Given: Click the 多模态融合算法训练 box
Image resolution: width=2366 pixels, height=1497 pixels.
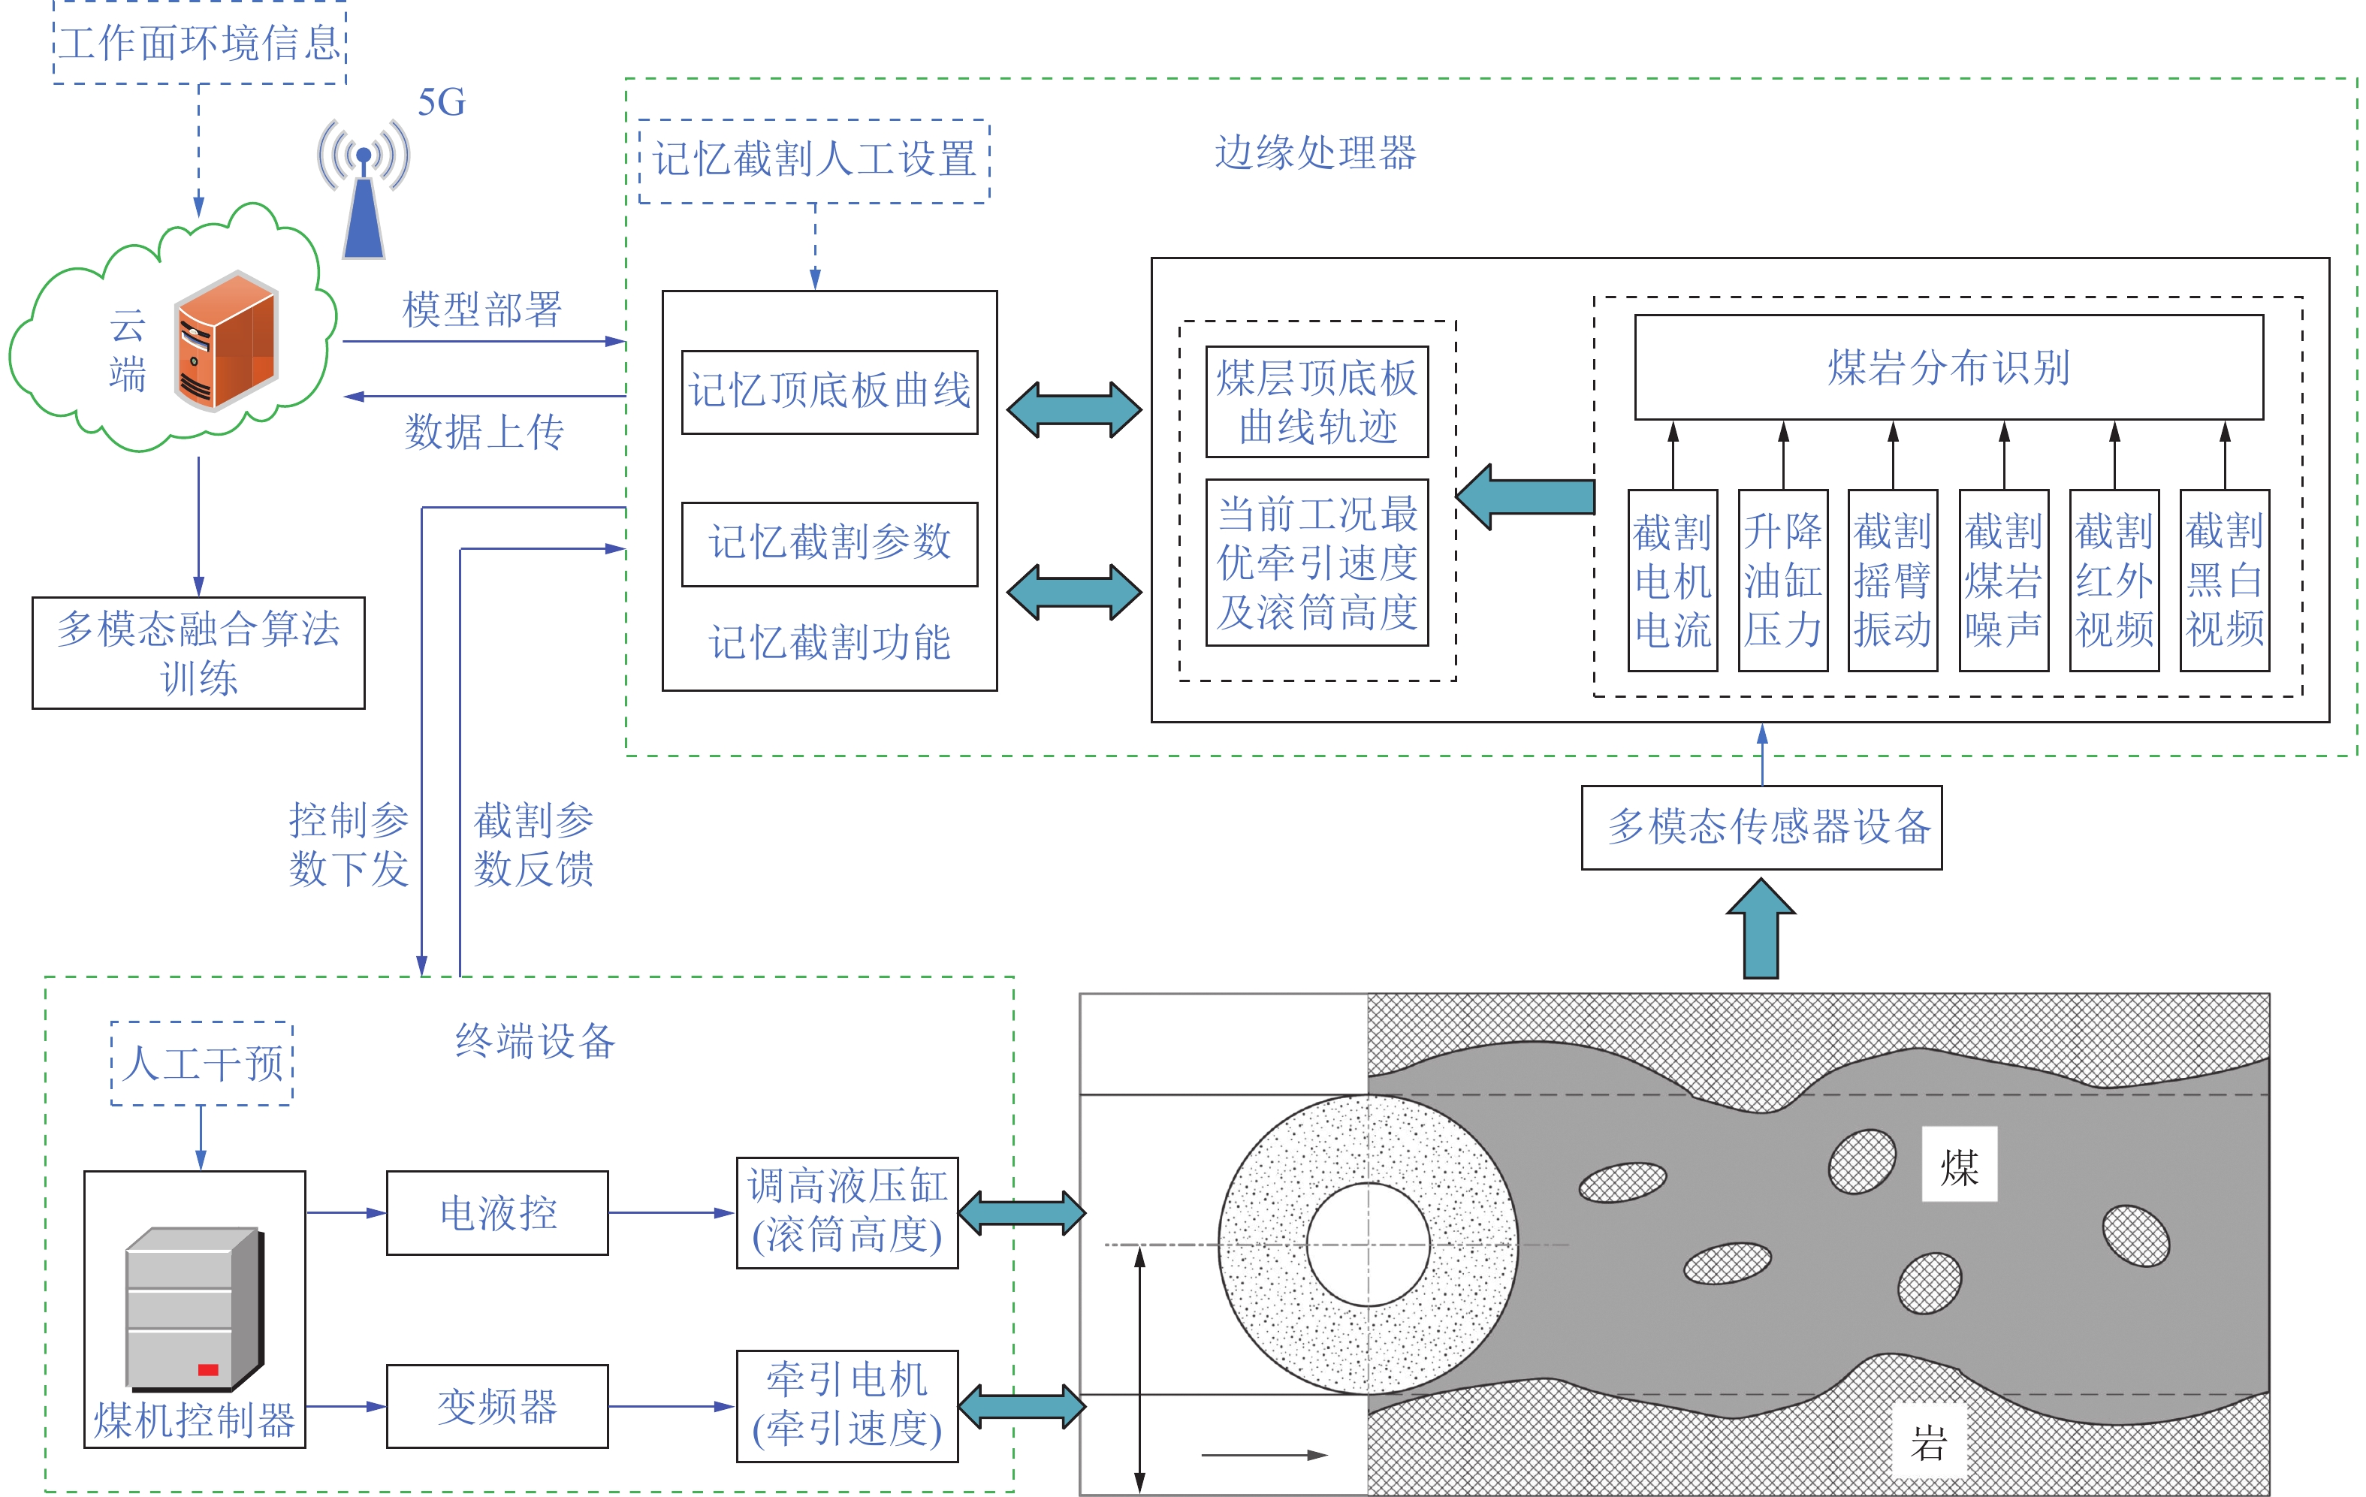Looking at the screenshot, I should pyautogui.click(x=198, y=652).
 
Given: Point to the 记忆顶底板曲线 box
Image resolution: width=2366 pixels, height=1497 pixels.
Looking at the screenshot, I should pyautogui.click(x=829, y=391).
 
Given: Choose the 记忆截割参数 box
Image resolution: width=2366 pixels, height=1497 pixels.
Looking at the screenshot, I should pyautogui.click(x=829, y=543).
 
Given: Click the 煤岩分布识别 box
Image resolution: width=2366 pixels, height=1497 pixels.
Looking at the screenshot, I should pyautogui.click(x=1948, y=367).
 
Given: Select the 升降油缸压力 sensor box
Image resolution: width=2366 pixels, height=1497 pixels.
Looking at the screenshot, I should pyautogui.click(x=1782, y=580).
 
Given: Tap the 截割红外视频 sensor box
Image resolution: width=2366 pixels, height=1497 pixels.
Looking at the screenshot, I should pyautogui.click(x=2114, y=580).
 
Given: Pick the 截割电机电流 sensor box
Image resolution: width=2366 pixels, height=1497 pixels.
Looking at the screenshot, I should pyautogui.click(x=1672, y=580).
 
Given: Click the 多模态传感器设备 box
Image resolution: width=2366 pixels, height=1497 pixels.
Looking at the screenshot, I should pyautogui.click(x=1761, y=827).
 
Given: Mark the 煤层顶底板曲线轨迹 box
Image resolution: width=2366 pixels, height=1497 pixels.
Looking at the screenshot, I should pyautogui.click(x=1317, y=401).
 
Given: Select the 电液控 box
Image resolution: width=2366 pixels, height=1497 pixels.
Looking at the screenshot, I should pyautogui.click(x=497, y=1212).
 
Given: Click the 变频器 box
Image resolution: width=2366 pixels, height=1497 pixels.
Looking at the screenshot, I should pyautogui.click(x=497, y=1405).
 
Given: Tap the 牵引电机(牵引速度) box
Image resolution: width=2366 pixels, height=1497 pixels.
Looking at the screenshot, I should pyautogui.click(x=847, y=1405).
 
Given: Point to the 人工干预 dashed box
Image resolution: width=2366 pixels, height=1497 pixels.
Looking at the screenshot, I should pyautogui.click(x=202, y=1063).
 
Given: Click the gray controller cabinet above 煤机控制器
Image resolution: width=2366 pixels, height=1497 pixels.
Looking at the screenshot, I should pyautogui.click(x=195, y=1306).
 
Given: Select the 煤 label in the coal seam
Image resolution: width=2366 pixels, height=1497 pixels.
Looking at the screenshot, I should pyautogui.click(x=1958, y=1164).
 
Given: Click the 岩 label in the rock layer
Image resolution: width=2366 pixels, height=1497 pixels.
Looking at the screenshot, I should pyautogui.click(x=1929, y=1442).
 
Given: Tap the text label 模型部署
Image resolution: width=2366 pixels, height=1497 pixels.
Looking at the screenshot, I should pyautogui.click(x=481, y=309).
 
